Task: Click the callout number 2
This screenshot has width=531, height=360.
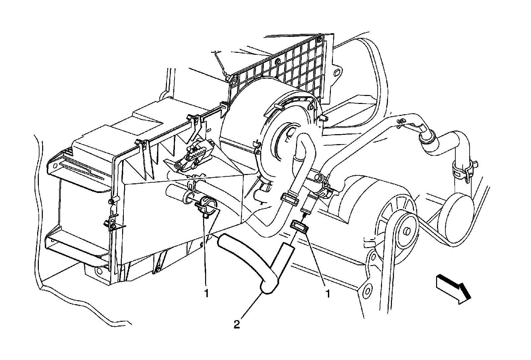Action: tap(237, 324)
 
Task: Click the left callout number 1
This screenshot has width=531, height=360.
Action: tap(206, 293)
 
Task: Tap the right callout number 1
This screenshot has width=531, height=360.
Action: tap(328, 293)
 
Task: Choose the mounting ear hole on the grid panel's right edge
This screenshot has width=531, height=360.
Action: tap(338, 73)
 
